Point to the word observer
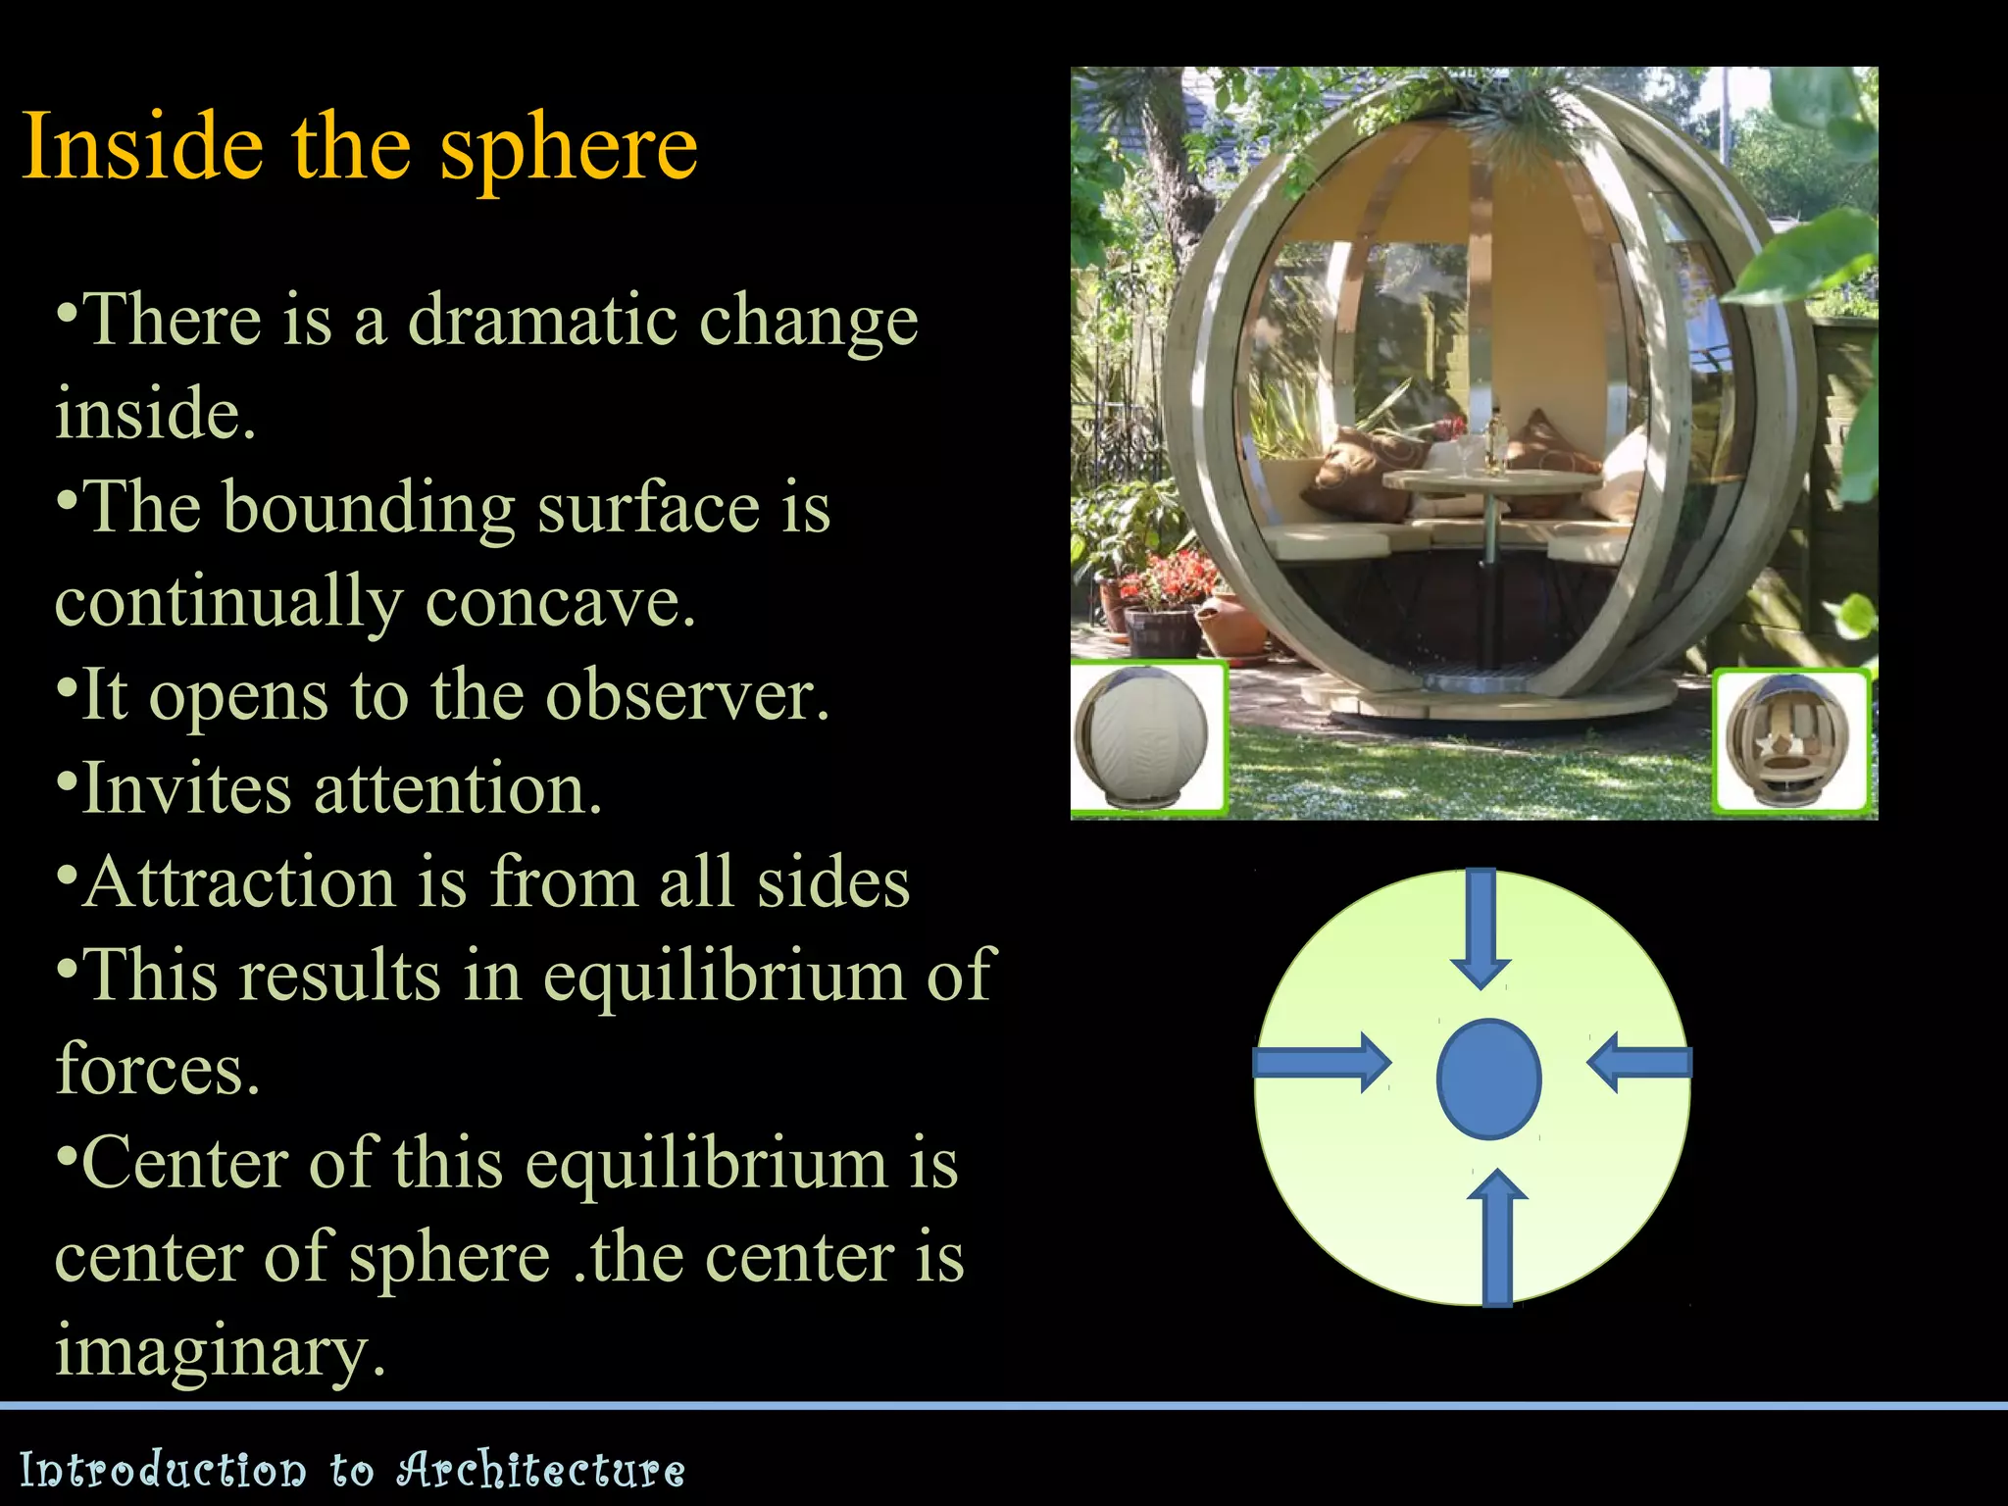tap(686, 695)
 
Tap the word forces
tap(157, 1069)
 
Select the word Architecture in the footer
tap(540, 1470)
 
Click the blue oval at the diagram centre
tap(1488, 1079)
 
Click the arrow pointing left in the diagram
tap(1639, 1062)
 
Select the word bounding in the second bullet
tap(369, 508)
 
